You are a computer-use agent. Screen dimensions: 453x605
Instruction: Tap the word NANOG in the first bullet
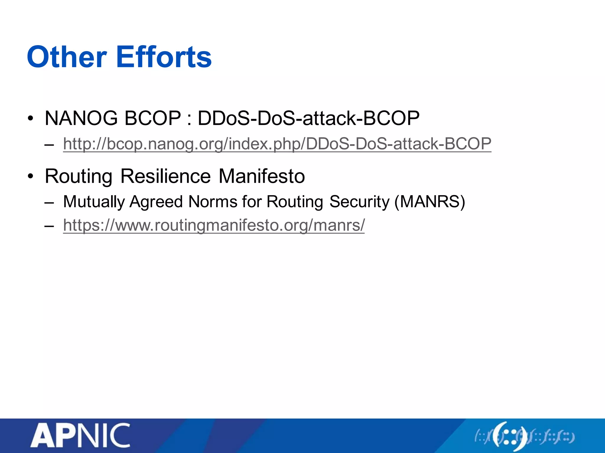[81, 118]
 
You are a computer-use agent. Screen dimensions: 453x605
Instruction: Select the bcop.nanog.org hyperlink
[277, 144]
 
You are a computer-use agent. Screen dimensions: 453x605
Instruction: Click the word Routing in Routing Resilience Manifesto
[79, 176]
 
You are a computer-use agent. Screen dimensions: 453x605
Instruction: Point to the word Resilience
[165, 176]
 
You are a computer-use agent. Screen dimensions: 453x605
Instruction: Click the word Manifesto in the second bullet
[262, 176]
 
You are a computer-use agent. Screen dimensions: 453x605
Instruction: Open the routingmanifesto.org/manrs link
[214, 225]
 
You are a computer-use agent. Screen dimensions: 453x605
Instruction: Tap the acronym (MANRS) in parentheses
[430, 202]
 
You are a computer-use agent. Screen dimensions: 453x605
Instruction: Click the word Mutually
[94, 202]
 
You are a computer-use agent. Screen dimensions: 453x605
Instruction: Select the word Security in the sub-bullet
[360, 202]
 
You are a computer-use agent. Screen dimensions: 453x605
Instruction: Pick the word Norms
[213, 202]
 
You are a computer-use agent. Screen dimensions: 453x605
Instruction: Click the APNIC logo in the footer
[80, 435]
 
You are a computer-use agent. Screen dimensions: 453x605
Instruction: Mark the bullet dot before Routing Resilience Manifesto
[30, 177]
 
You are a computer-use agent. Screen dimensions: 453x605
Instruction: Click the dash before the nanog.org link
[49, 145]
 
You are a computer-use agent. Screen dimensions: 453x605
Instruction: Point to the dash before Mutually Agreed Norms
[49, 203]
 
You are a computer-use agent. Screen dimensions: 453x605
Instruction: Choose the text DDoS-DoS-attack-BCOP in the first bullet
[308, 118]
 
